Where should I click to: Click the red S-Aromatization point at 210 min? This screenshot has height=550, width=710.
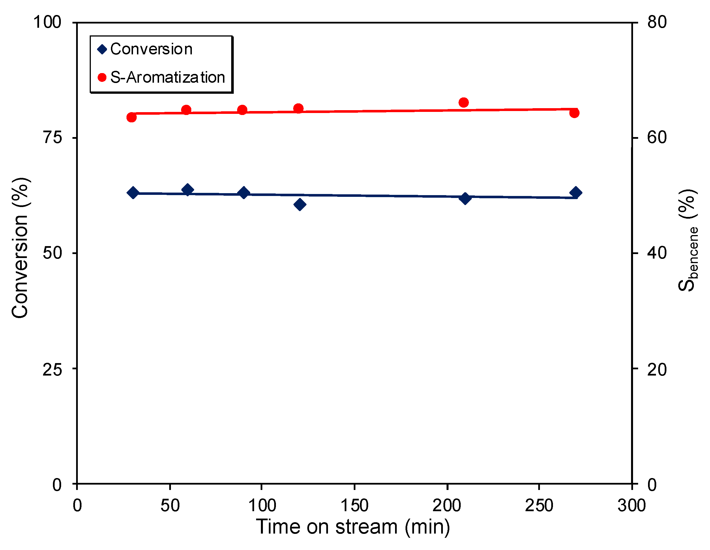coord(464,103)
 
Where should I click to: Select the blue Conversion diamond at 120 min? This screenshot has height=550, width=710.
coord(299,204)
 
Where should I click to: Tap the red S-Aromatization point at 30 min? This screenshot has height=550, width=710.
coord(131,117)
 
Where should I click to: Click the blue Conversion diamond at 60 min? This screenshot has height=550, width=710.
coord(187,189)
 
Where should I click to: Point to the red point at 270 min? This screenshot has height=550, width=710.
coord(574,113)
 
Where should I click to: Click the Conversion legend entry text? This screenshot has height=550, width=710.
coord(151,49)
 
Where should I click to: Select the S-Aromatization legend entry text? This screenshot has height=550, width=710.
coord(168,77)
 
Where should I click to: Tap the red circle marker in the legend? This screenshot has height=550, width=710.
coord(102,77)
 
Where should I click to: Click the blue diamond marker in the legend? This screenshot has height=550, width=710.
coord(102,50)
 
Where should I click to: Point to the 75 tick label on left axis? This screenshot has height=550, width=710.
coord(52,137)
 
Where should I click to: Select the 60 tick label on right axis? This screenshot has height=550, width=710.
coord(657,137)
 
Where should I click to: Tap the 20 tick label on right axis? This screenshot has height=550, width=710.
coord(657,369)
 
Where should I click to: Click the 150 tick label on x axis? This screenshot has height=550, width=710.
coord(354,506)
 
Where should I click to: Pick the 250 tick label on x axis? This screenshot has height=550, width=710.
coord(539,506)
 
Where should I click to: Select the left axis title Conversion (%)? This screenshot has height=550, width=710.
coord(20,248)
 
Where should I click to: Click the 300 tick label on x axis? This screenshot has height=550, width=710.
coord(632,506)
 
